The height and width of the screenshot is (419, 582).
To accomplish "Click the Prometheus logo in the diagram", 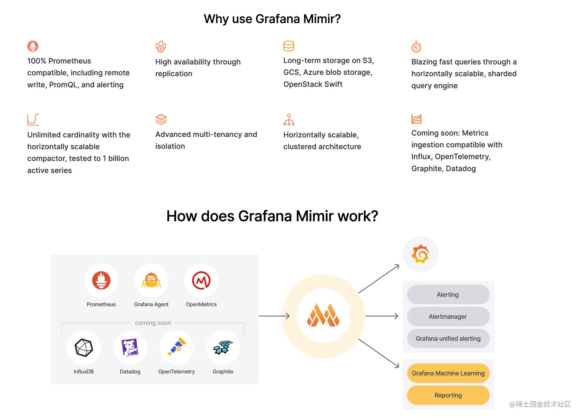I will click(101, 280).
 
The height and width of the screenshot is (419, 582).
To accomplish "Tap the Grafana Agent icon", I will click(151, 280).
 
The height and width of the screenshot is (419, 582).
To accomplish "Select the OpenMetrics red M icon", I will click(201, 280).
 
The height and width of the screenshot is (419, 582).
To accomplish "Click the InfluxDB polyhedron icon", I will click(84, 348).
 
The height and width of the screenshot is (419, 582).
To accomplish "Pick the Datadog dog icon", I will click(130, 348).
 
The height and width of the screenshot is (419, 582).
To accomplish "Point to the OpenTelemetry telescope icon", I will click(177, 347).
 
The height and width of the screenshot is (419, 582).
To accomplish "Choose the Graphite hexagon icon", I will click(223, 347).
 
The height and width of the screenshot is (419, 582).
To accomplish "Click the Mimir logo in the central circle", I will click(323, 316).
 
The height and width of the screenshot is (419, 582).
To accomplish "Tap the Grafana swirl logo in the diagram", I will click(420, 254).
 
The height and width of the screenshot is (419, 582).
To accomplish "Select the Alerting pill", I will click(448, 295).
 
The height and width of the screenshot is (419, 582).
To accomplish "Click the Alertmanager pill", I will click(448, 317).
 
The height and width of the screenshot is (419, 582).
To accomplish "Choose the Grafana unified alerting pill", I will click(448, 339).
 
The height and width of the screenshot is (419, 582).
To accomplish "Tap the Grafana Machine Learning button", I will click(448, 373).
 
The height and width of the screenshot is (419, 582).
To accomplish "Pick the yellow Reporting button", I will click(448, 395).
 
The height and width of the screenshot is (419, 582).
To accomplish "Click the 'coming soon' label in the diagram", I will click(153, 323).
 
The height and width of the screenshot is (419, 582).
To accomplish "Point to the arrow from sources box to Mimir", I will click(274, 316).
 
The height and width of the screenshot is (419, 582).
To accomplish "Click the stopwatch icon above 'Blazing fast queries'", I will click(416, 47).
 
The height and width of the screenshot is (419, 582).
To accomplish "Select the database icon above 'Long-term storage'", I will click(289, 46).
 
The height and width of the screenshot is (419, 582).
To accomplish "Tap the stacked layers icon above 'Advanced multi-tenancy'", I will click(161, 119).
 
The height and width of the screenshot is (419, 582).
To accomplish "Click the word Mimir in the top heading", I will click(318, 19).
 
